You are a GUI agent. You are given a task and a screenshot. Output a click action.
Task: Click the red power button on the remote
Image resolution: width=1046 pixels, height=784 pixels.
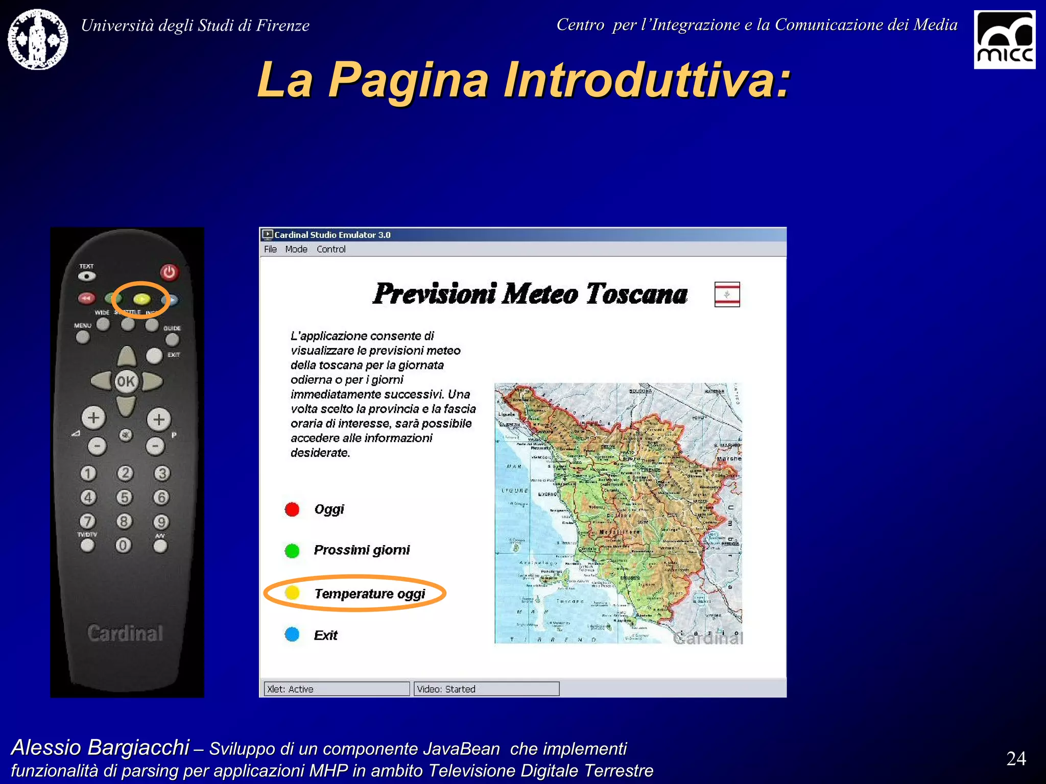(x=169, y=272)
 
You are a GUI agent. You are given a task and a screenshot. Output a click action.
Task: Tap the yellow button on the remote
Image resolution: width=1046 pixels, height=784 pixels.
(x=141, y=299)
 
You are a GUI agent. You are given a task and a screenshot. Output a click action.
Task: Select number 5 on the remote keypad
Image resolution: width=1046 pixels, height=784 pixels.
(x=124, y=497)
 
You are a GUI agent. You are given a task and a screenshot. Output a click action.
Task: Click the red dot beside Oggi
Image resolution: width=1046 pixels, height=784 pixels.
(x=292, y=509)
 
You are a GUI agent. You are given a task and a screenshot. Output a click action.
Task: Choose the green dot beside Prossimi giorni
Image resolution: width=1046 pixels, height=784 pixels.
(x=292, y=551)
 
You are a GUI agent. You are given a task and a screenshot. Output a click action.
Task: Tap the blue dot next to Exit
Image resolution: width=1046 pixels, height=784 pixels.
(x=292, y=634)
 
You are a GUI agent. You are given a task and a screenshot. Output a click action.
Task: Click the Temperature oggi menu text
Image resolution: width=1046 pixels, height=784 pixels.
(x=370, y=594)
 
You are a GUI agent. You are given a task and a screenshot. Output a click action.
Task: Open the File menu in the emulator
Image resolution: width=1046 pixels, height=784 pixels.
(x=270, y=249)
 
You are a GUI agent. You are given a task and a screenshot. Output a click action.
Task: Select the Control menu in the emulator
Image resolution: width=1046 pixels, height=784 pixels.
(x=331, y=249)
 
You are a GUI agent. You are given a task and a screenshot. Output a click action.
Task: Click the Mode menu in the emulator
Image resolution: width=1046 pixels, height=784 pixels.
(x=296, y=249)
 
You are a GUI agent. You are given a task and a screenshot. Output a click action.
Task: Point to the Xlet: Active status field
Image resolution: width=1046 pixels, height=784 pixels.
(x=337, y=689)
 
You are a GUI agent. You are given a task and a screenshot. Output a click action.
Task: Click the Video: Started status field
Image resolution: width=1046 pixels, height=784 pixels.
(x=486, y=689)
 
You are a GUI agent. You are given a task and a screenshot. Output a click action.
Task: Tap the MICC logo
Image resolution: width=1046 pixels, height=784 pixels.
(x=1004, y=40)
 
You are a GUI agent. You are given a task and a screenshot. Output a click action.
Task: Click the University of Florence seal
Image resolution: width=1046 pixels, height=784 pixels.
(x=38, y=39)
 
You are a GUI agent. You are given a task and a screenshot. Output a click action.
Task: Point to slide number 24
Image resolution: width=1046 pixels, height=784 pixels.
(x=1016, y=758)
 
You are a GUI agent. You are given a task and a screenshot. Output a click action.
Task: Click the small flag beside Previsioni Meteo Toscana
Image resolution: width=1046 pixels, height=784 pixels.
(x=727, y=295)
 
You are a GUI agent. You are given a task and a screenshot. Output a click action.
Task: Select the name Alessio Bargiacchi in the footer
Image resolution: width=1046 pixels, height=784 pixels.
(x=101, y=747)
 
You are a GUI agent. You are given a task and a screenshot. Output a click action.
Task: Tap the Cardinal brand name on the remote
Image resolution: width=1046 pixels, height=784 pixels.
(x=125, y=633)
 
